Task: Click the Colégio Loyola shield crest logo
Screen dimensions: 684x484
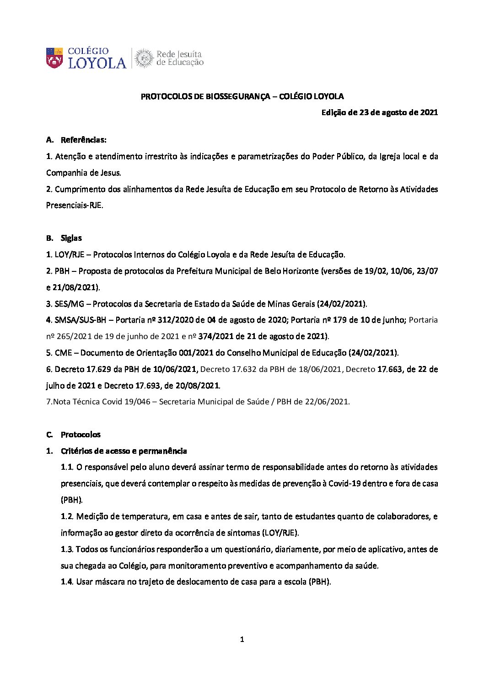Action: [54, 58]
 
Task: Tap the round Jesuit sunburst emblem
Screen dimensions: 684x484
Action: [144, 58]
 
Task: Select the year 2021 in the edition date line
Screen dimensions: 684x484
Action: [429, 112]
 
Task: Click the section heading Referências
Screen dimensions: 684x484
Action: [84, 140]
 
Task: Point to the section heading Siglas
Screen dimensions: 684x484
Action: [71, 238]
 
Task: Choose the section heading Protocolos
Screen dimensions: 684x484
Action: [81, 435]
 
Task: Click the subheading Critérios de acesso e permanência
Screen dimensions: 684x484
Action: [124, 451]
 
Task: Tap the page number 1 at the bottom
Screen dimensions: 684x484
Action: [242, 640]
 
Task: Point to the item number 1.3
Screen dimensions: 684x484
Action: [67, 549]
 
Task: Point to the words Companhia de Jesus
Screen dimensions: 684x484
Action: [83, 173]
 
